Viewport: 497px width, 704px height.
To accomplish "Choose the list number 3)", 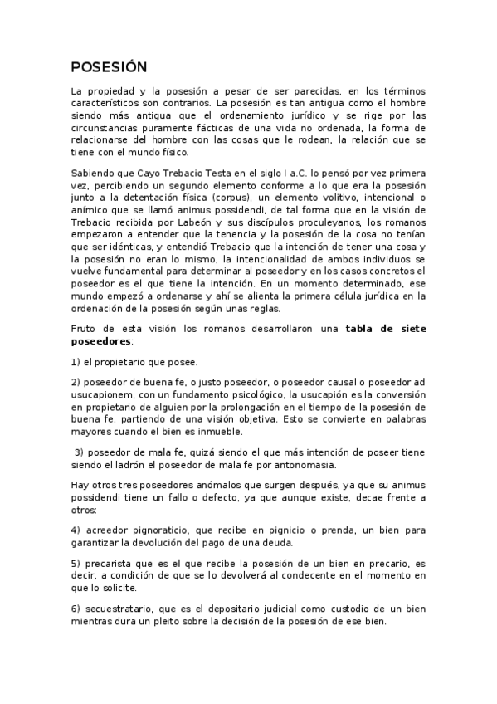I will click(80, 452).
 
